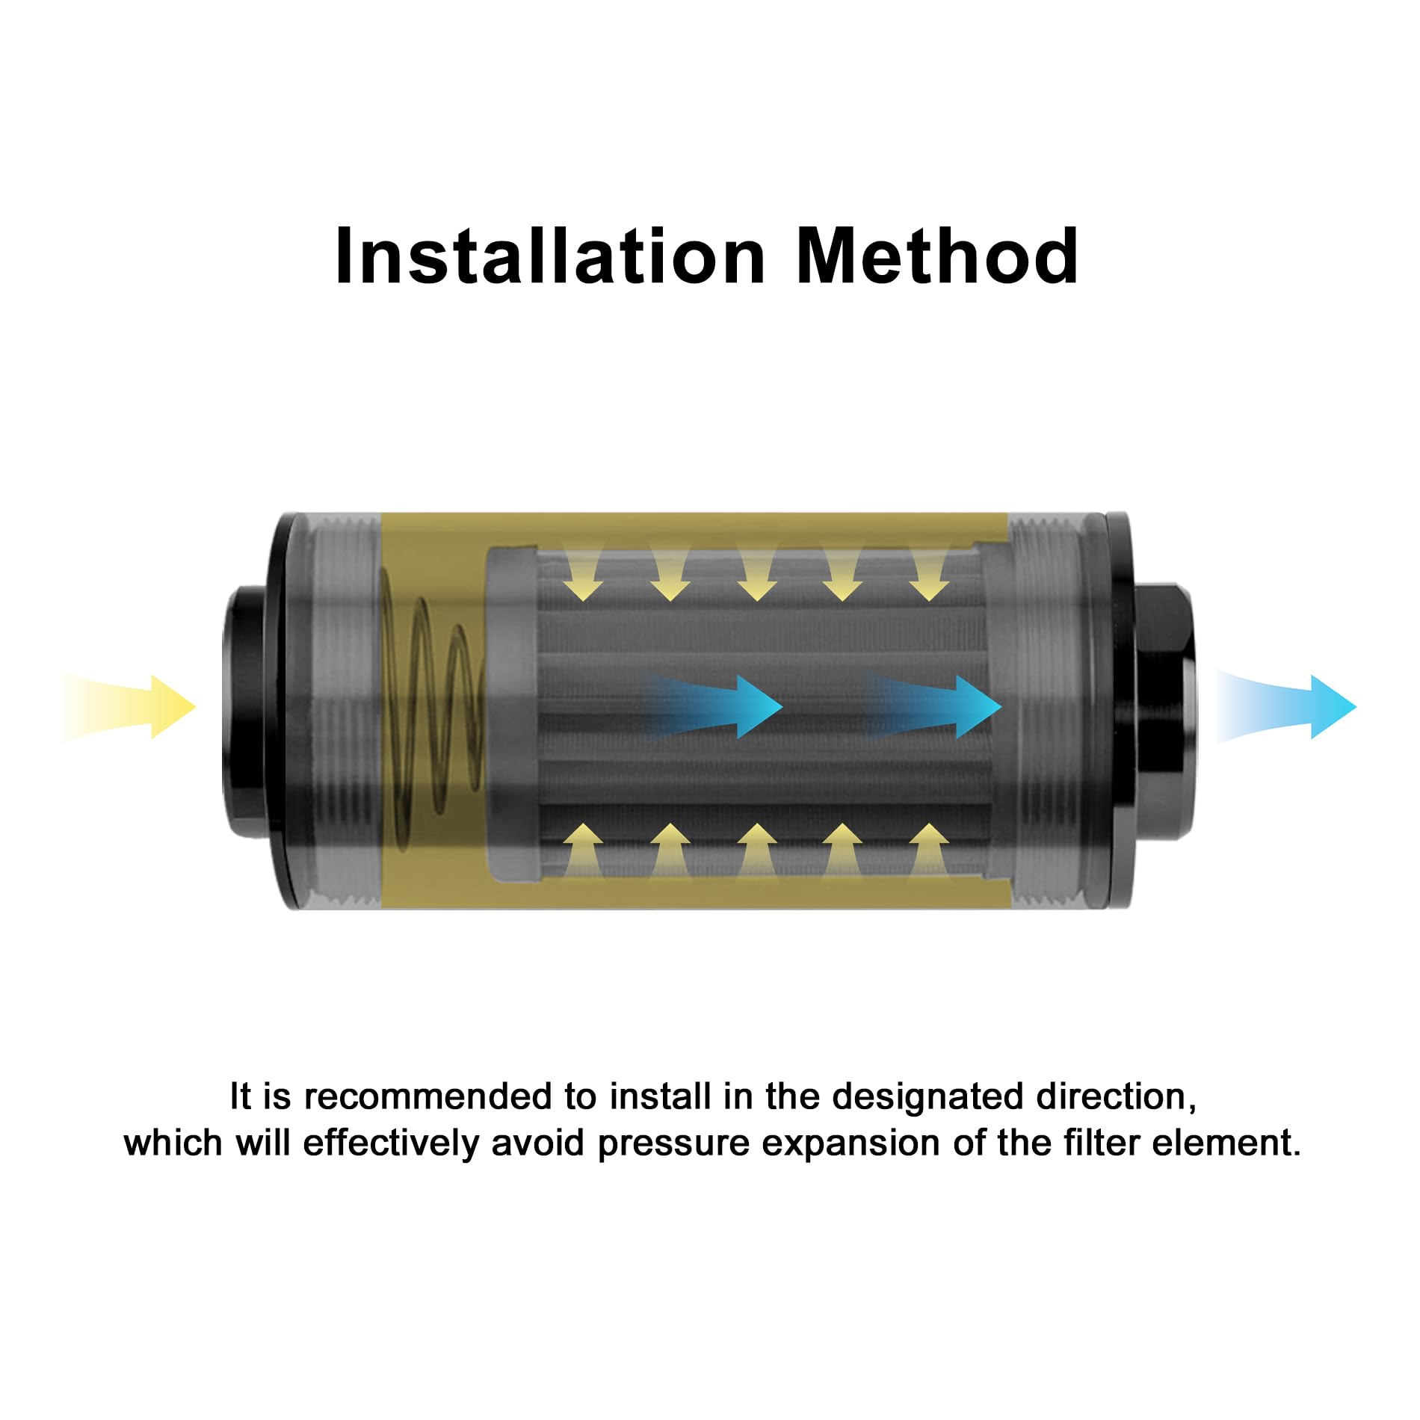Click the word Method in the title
tap(937, 256)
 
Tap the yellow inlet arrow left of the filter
tap(129, 707)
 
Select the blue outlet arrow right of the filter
tap(1285, 707)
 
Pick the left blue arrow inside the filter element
tap(714, 707)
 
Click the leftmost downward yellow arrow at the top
tap(583, 572)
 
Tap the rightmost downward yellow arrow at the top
tap(929, 572)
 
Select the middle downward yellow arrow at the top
tap(756, 572)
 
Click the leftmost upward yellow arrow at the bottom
tap(583, 851)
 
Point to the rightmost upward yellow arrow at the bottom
tap(929, 851)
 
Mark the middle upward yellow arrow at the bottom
tap(756, 851)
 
